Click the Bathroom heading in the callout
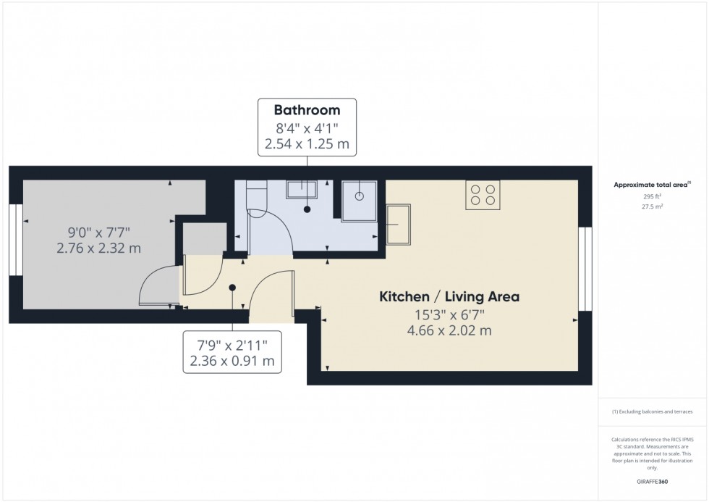coord(307,111)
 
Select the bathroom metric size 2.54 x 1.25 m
coord(307,144)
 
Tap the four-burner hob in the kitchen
coord(483,195)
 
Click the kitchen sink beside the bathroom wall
coord(398,225)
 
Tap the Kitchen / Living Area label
coord(450,296)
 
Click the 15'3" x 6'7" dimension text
coord(450,314)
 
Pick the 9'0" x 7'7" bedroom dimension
coord(98,233)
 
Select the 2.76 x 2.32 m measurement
coord(98,248)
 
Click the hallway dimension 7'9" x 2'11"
coord(232,343)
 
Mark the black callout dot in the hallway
coord(232,288)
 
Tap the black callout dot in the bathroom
coord(307,209)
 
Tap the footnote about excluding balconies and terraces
coord(652,411)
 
